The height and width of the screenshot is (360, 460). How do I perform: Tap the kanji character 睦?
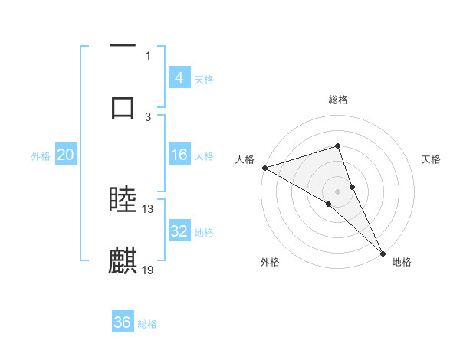click(123, 201)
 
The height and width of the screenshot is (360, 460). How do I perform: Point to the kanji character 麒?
click(123, 261)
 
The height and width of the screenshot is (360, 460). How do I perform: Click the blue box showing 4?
click(179, 77)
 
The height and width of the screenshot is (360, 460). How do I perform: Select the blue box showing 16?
click(179, 155)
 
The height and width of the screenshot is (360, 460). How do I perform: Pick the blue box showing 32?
click(179, 231)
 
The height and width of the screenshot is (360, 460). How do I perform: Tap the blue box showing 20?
click(65, 155)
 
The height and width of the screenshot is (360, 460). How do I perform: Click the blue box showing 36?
click(122, 322)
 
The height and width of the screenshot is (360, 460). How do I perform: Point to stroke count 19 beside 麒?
click(149, 270)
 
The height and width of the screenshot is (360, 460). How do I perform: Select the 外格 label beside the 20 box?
click(41, 156)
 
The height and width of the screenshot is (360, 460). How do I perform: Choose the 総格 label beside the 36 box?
click(147, 324)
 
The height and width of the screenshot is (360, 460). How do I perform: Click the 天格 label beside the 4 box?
click(204, 79)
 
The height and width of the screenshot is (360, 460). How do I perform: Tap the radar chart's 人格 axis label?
click(245, 159)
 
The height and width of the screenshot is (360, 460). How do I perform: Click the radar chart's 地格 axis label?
click(402, 262)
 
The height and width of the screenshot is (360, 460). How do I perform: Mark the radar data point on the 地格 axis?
click(383, 252)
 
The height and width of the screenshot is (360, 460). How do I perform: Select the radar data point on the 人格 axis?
click(264, 167)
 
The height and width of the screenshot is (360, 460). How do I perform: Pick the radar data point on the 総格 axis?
click(337, 146)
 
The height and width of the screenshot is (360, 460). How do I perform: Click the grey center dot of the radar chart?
click(337, 191)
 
